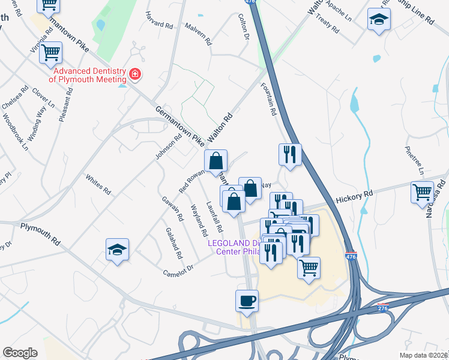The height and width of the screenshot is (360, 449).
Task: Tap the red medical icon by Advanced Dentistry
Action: coord(135,74)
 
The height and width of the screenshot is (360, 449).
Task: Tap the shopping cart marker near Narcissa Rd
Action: coord(423,192)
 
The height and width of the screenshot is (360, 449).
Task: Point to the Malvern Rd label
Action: coord(199,35)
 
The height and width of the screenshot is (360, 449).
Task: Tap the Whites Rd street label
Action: coord(98,184)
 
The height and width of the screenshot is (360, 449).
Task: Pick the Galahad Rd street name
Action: coord(174,243)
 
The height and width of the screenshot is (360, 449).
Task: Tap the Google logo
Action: coord(20,353)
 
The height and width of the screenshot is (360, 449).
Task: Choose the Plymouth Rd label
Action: coord(40,234)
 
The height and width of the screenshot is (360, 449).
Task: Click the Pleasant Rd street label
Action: coord(65,106)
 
